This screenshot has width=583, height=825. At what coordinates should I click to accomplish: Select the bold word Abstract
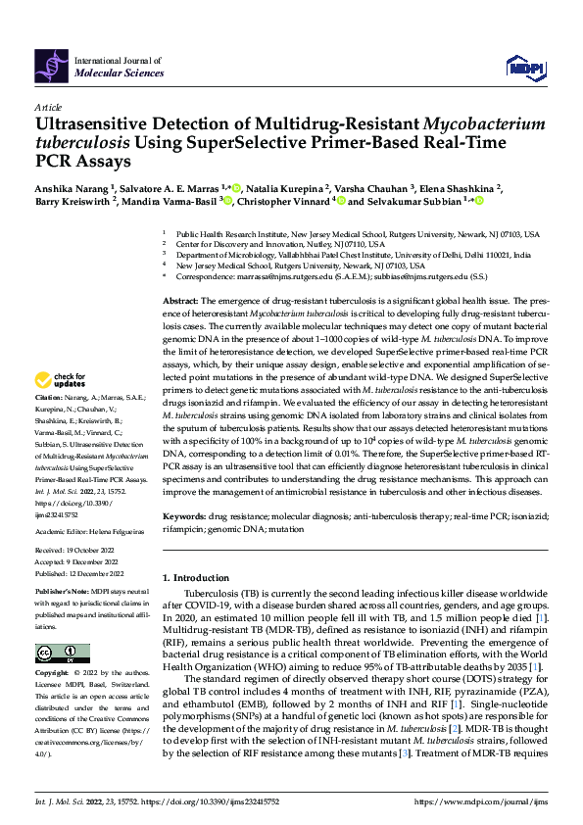(x=180, y=300)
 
